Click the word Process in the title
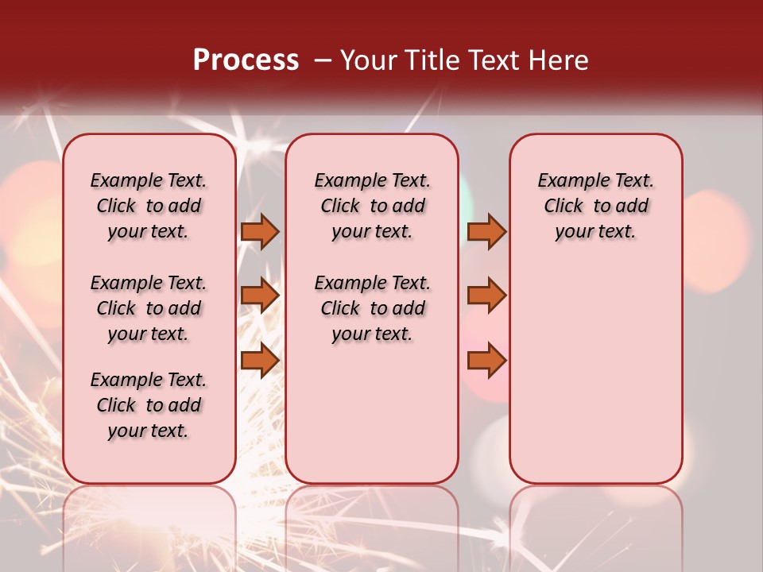pos(246,60)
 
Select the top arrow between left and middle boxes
pos(260,232)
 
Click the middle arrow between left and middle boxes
pos(260,296)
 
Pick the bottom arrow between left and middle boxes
pos(260,361)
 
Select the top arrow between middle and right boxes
pos(486,232)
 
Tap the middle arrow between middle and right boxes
pos(486,296)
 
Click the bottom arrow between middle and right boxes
pos(486,361)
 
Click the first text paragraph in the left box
pos(149,206)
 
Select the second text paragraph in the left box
pos(149,308)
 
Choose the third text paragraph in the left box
pos(149,405)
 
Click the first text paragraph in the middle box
pos(372,206)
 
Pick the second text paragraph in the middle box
pos(372,308)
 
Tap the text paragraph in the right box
pos(596,206)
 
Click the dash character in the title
pos(323,61)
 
